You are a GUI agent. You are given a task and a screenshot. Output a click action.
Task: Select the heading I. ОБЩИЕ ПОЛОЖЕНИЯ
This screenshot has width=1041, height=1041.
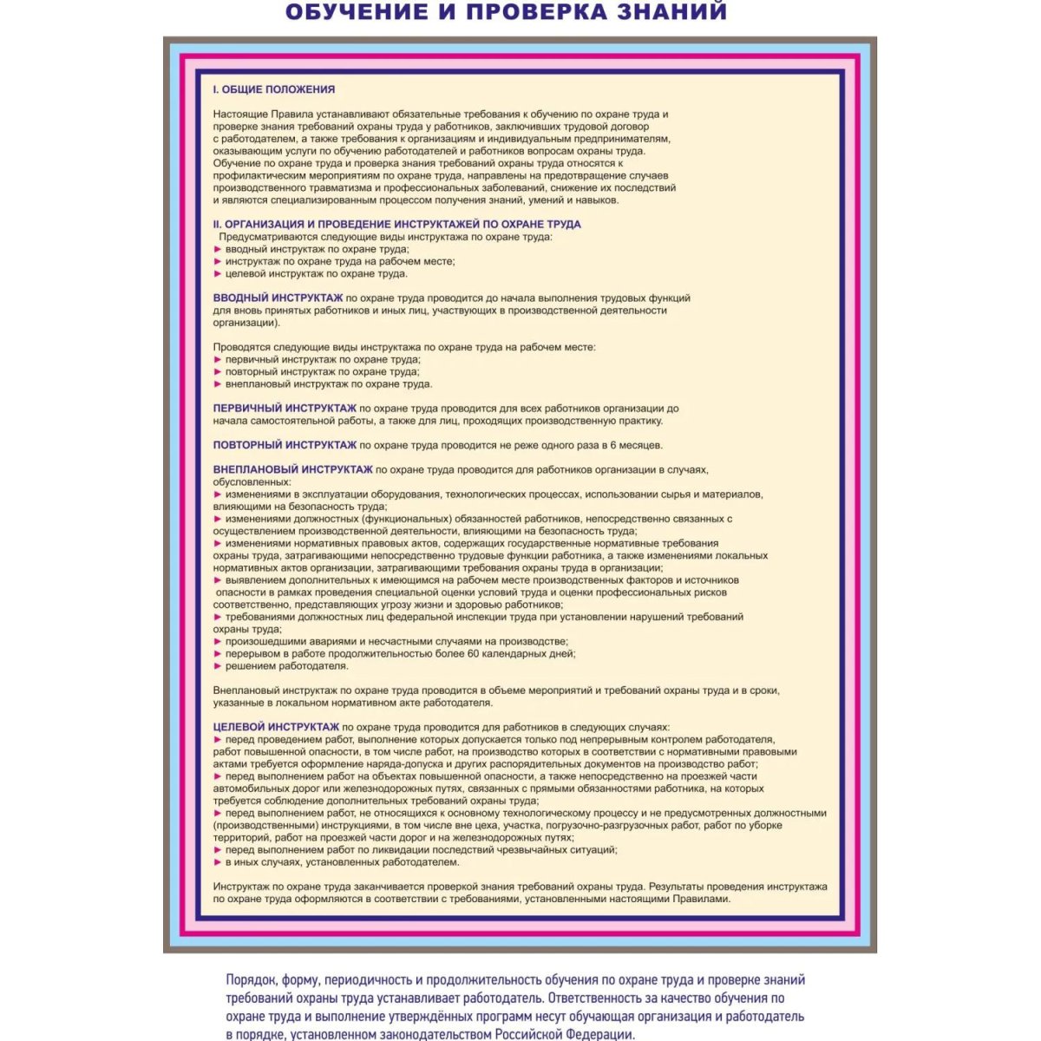coord(274,89)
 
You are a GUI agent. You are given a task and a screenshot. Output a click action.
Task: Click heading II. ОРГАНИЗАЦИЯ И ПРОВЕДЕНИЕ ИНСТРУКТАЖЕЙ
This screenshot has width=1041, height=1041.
coord(397,224)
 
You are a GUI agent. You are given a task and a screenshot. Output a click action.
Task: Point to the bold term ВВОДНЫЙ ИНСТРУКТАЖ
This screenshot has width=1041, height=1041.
coord(278,298)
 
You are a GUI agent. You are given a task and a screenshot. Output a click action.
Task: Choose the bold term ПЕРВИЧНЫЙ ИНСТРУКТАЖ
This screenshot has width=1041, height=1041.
coord(285,408)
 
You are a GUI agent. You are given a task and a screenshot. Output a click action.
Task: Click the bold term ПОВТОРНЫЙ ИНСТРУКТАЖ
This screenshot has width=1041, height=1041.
coord(285,445)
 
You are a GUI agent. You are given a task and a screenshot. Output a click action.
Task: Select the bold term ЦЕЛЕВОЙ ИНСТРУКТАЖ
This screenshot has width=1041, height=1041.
coord(276,727)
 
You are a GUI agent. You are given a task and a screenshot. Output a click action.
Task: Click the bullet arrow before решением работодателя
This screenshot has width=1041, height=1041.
coord(218,666)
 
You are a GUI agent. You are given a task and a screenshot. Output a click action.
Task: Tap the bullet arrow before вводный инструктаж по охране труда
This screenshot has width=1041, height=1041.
coord(218,249)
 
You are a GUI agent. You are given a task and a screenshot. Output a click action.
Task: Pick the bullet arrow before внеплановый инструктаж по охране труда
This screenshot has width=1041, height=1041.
coord(218,383)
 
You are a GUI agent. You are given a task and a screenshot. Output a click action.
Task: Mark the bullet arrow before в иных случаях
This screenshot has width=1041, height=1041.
coord(218,862)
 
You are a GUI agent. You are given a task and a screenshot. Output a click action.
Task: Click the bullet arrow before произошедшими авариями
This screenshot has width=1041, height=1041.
coord(218,642)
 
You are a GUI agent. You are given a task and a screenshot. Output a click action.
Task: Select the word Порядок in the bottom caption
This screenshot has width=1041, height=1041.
coord(251,980)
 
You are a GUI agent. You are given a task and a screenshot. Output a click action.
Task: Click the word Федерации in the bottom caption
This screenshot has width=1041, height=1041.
coord(597,1034)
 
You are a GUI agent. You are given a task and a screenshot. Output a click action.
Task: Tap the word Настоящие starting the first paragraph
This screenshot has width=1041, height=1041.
coord(240,115)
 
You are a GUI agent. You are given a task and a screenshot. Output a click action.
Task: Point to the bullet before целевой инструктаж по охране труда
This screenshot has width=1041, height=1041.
coord(218,273)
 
